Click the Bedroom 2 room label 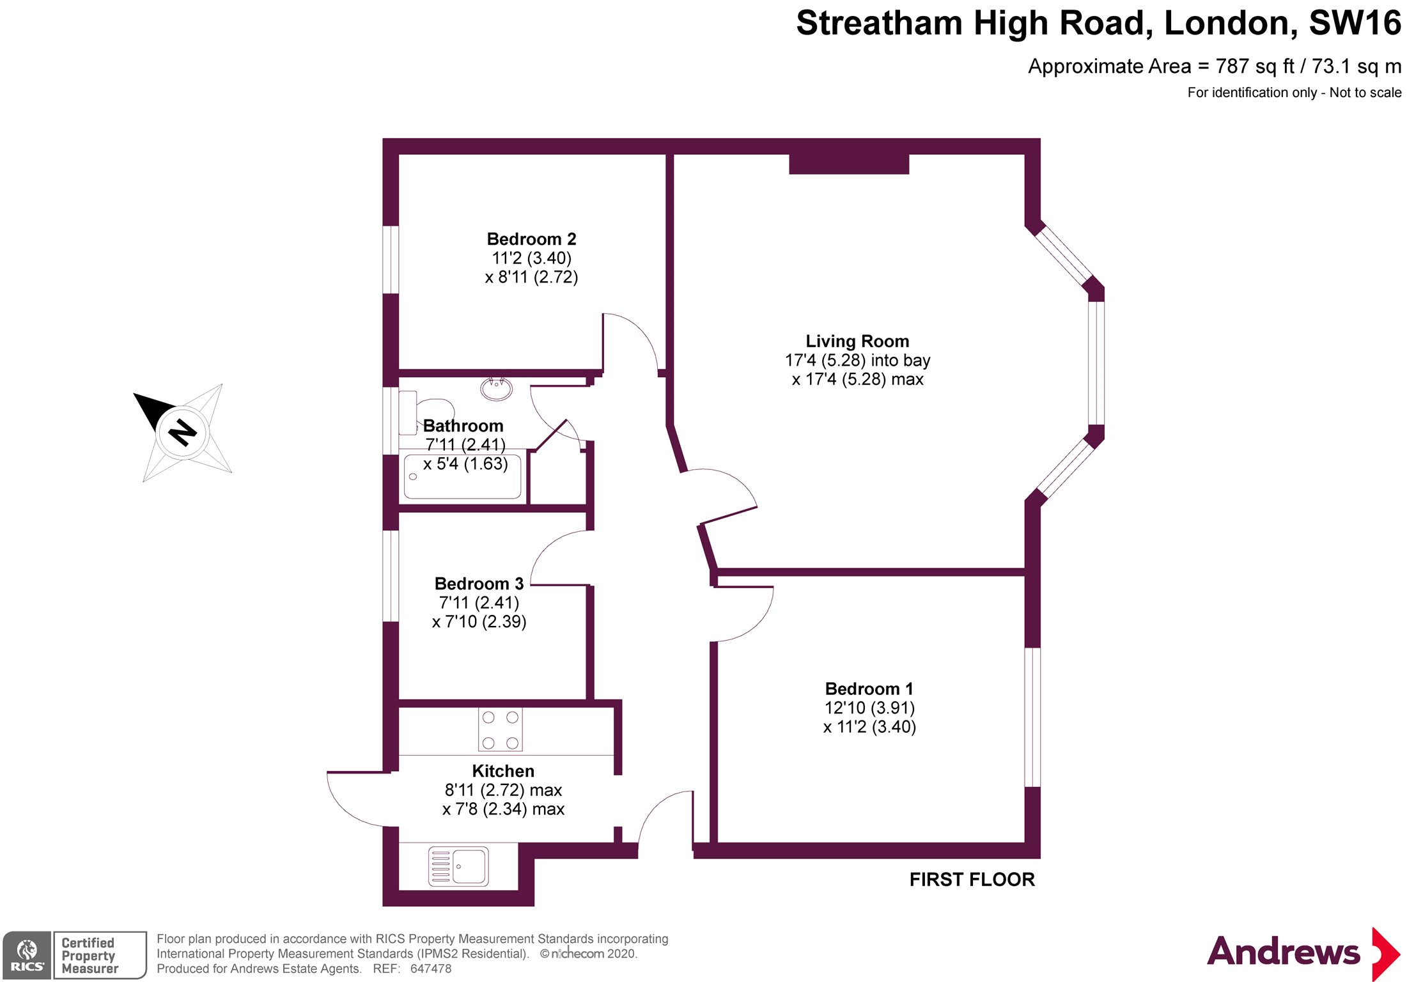531,239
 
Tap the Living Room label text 857,341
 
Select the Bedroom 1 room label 869,689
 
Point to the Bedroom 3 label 479,584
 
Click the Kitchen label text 503,771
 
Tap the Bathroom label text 463,426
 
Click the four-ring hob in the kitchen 500,729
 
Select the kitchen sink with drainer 458,866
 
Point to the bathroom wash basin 496,387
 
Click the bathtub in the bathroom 463,476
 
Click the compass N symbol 182,433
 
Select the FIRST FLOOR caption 971,880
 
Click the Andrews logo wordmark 1283,952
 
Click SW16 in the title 1355,24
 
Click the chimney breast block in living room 848,164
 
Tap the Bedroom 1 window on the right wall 1032,717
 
